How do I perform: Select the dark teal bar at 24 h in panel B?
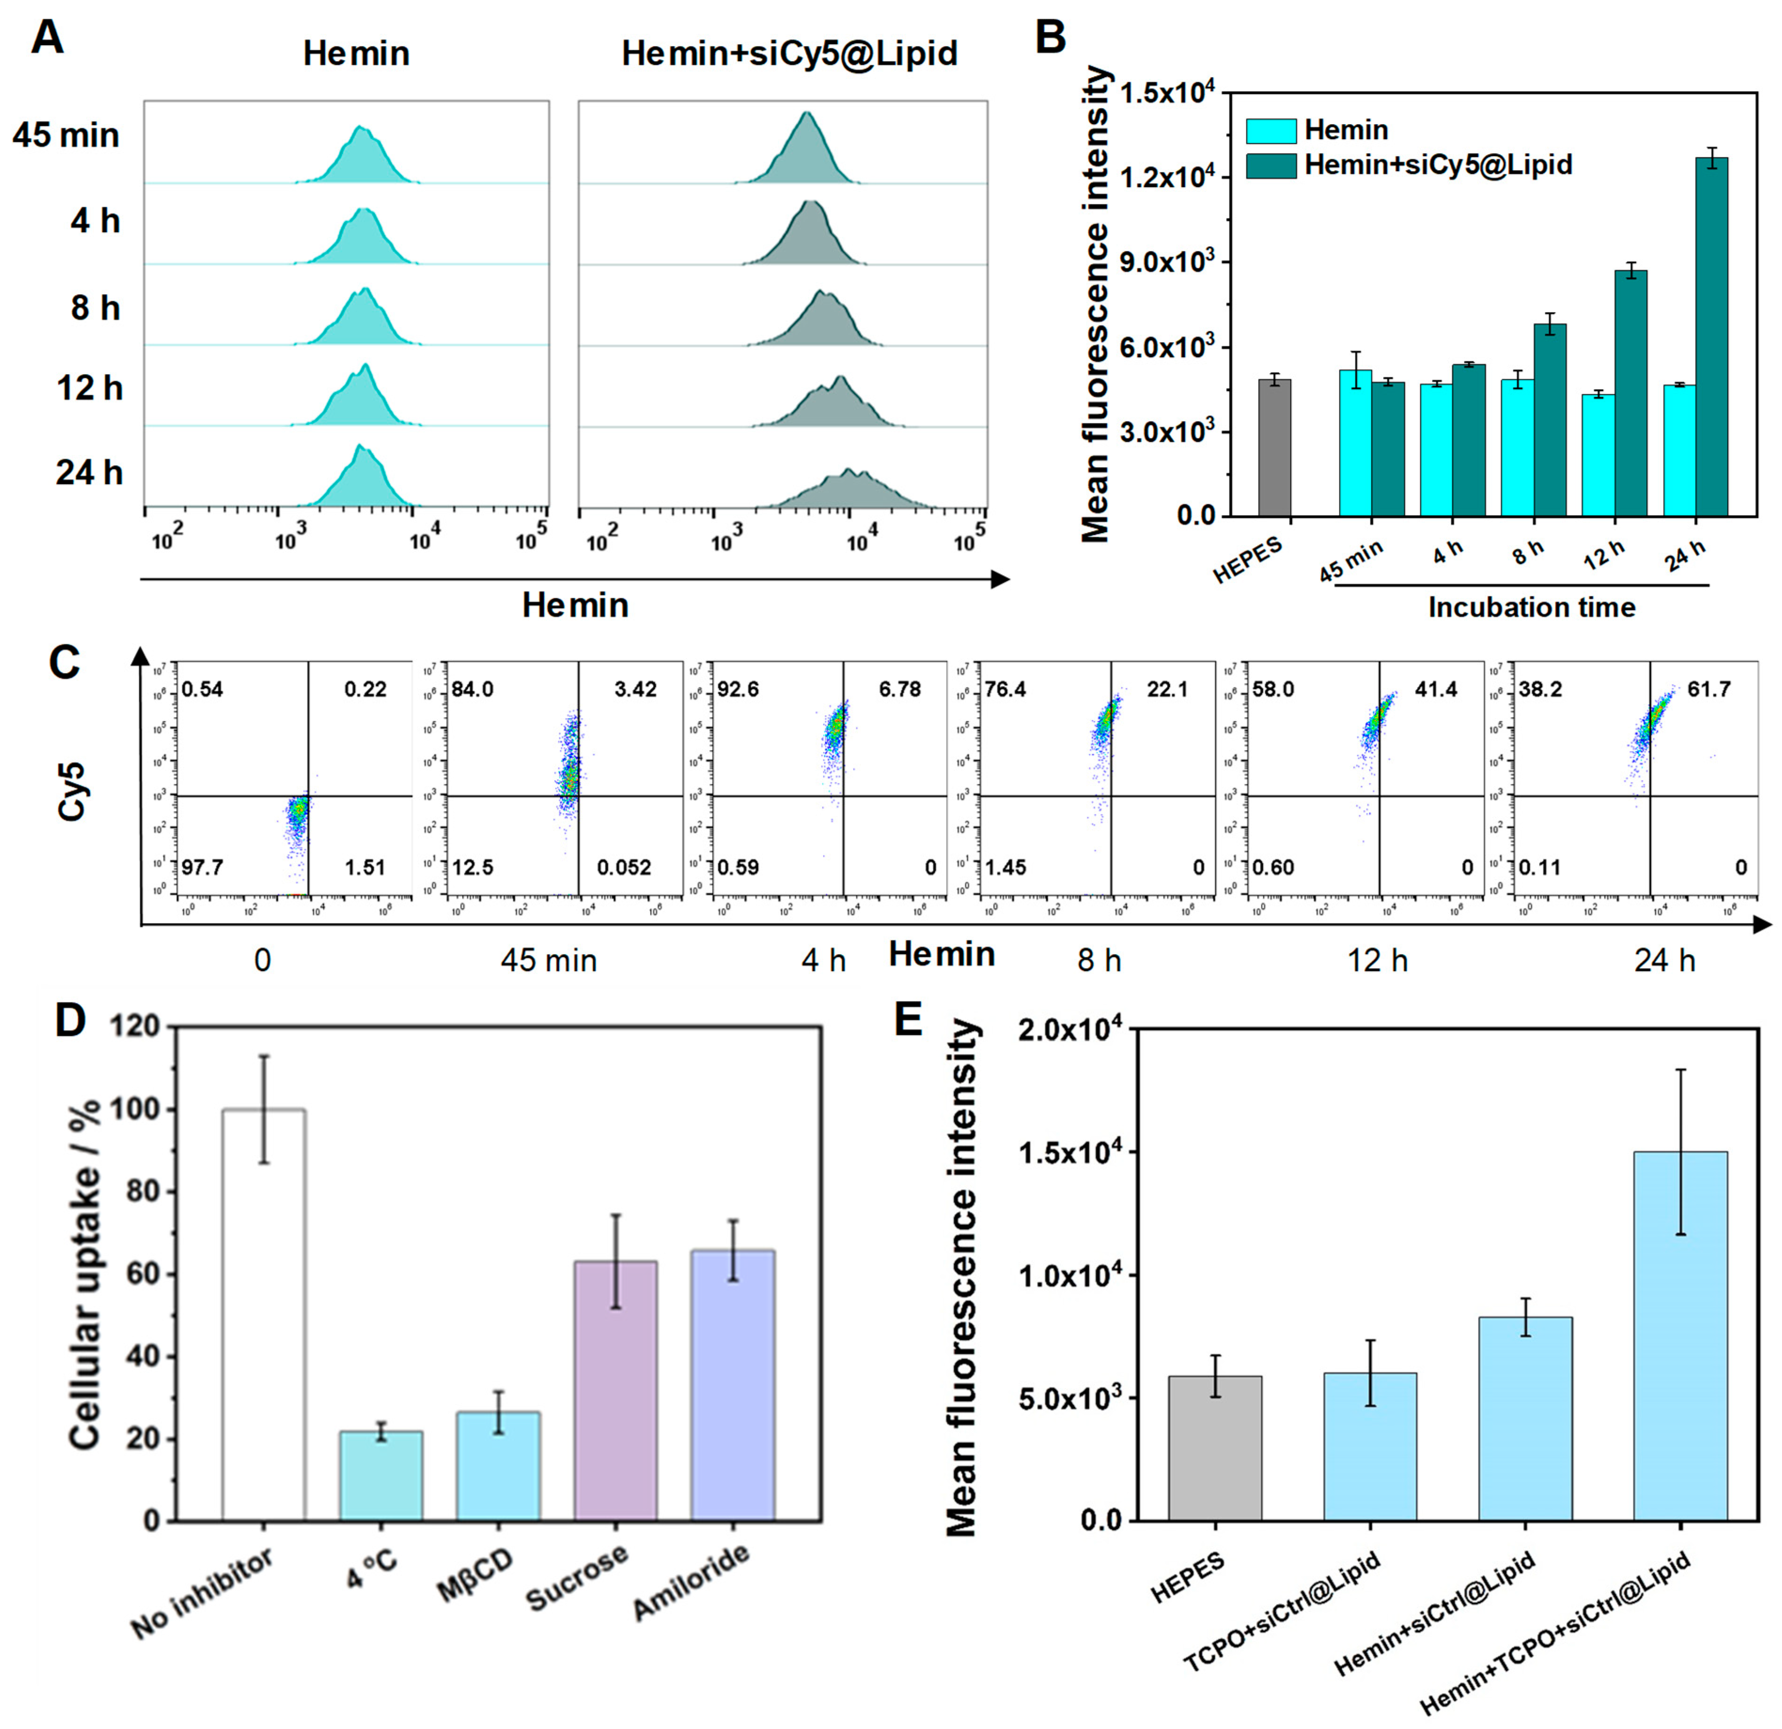click(x=1711, y=336)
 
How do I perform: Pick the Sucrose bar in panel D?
click(x=616, y=1391)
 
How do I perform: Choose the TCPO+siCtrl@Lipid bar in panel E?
click(x=1370, y=1446)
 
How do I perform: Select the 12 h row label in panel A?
click(x=89, y=388)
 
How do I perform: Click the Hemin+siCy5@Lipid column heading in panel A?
click(x=789, y=54)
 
